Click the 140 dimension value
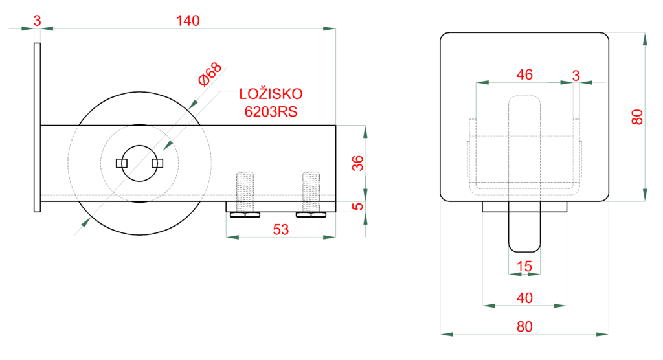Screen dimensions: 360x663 click(x=188, y=21)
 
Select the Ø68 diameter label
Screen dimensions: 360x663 click(x=210, y=74)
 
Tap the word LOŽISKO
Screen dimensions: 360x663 click(x=271, y=94)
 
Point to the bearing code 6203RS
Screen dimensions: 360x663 click(x=271, y=111)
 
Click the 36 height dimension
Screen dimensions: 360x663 click(x=357, y=163)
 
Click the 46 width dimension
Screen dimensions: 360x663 click(x=524, y=74)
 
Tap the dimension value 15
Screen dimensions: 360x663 click(x=524, y=265)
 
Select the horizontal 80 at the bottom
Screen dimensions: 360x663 click(x=524, y=326)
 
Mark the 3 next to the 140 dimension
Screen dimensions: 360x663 click(x=37, y=21)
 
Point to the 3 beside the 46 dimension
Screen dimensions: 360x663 click(x=576, y=74)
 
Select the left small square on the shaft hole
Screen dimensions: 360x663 click(x=120, y=163)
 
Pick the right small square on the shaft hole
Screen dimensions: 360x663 click(x=155, y=163)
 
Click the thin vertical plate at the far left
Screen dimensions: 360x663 click(x=37, y=126)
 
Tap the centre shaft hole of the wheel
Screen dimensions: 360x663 click(x=137, y=163)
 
